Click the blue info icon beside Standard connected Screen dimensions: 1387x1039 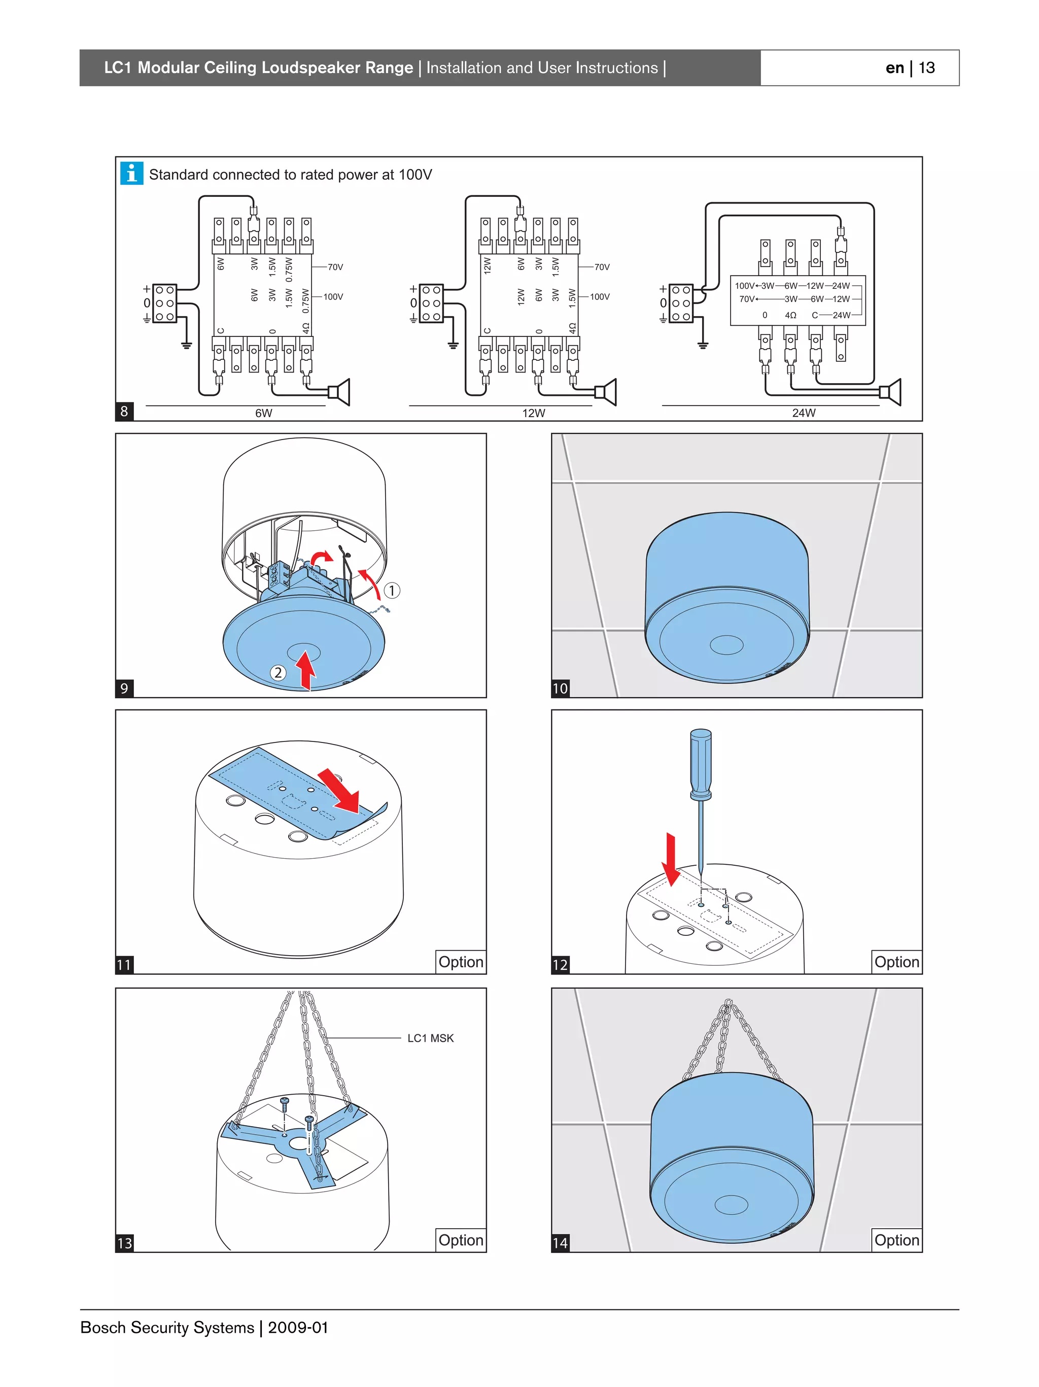[x=131, y=174]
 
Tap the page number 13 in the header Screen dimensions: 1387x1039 [x=927, y=67]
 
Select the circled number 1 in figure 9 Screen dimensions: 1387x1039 [x=392, y=590]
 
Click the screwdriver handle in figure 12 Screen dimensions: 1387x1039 [x=700, y=763]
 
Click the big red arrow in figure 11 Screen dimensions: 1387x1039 [x=339, y=791]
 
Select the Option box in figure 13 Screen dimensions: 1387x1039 [x=461, y=1240]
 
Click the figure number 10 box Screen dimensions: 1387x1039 [x=560, y=688]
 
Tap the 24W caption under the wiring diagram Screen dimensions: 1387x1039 [x=804, y=413]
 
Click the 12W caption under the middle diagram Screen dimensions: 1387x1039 [x=533, y=413]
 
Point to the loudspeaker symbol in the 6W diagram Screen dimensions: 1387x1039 [x=340, y=392]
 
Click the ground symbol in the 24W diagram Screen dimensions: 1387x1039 [x=703, y=344]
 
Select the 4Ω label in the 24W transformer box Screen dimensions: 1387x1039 [x=790, y=315]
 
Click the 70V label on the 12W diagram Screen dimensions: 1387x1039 [x=601, y=267]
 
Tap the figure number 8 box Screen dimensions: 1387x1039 [x=124, y=412]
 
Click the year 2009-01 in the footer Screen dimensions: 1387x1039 [x=298, y=1328]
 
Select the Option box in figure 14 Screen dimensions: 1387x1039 [x=896, y=1240]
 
